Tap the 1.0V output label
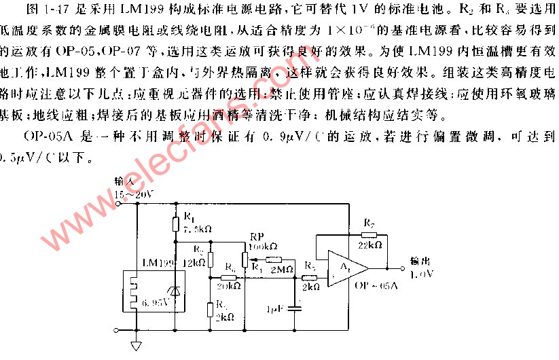[x=422, y=274]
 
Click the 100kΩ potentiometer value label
[x=263, y=245]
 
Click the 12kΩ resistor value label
[x=195, y=262]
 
